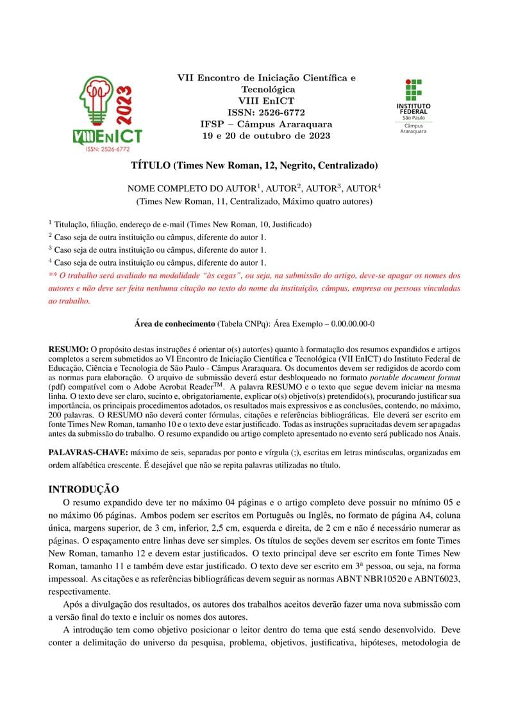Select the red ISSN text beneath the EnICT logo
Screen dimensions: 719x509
107,149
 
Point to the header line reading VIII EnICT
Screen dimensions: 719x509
266,101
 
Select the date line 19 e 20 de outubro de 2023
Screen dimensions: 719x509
266,136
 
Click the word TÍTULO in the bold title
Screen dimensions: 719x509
151,165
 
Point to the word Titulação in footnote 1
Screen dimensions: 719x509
72,225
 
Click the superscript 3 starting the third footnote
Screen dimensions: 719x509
51,249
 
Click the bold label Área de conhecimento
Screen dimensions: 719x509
175,324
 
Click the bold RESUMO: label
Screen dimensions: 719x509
69,349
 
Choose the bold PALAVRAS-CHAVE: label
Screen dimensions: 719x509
88,453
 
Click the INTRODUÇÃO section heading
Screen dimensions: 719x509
83,490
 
